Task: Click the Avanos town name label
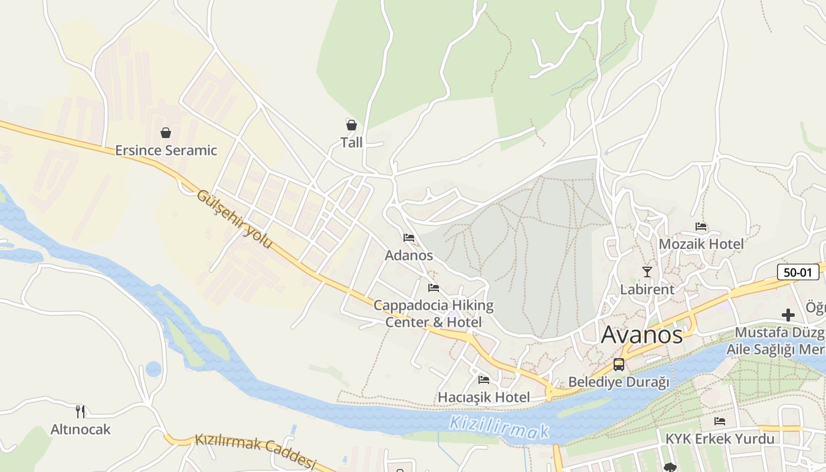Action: [x=642, y=335]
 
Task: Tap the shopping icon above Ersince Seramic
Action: [x=166, y=133]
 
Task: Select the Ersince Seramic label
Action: [x=166, y=150]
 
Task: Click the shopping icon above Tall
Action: [x=352, y=125]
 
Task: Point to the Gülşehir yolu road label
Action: [x=234, y=219]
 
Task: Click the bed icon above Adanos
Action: [x=409, y=238]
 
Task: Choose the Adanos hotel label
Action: [x=409, y=255]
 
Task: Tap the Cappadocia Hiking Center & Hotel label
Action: [x=434, y=314]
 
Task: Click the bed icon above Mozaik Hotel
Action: [x=701, y=226]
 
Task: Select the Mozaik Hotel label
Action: [x=701, y=244]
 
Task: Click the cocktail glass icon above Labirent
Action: [x=647, y=272]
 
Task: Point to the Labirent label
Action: [x=647, y=290]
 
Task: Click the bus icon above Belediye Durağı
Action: [x=619, y=365]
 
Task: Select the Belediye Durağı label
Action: [x=619, y=382]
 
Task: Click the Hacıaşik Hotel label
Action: [x=484, y=397]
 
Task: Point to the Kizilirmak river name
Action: [x=499, y=428]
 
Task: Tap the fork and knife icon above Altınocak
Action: [x=80, y=411]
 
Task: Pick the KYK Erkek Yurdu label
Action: [x=720, y=439]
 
